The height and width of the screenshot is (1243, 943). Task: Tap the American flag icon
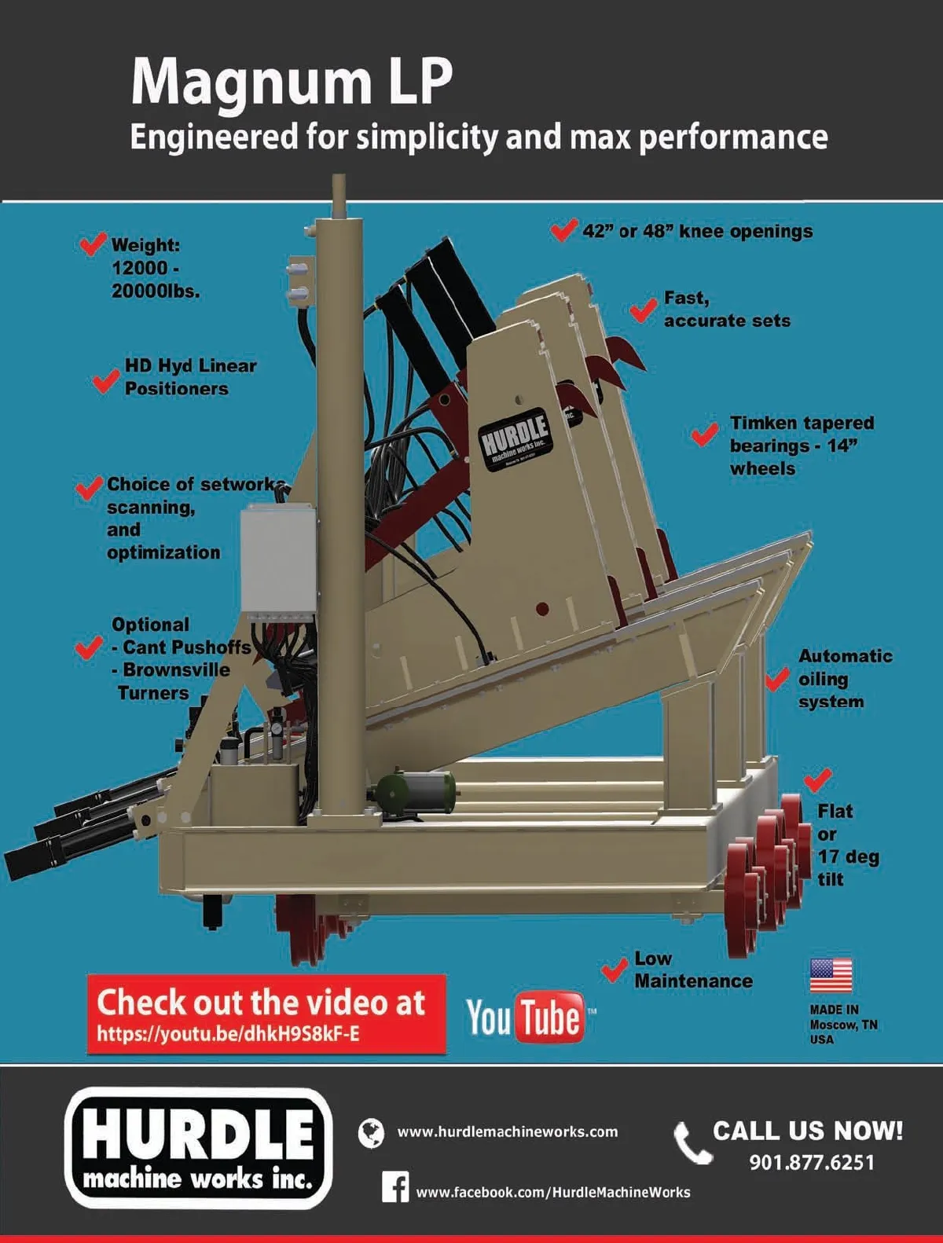pyautogui.click(x=831, y=976)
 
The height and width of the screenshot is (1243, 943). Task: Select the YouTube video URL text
pyautogui.click(x=228, y=1034)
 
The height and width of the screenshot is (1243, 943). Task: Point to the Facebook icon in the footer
pyautogui.click(x=394, y=1187)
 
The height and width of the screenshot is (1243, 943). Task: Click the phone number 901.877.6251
pyautogui.click(x=812, y=1162)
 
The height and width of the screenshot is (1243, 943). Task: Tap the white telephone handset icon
pyautogui.click(x=692, y=1142)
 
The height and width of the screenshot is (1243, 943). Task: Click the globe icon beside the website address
pyautogui.click(x=371, y=1133)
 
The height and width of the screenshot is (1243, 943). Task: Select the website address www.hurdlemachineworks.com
pyautogui.click(x=508, y=1132)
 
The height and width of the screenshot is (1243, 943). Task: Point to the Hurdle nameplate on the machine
pyautogui.click(x=514, y=439)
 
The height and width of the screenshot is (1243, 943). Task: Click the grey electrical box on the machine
pyautogui.click(x=278, y=559)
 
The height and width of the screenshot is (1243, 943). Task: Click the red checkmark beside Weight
pyautogui.click(x=93, y=244)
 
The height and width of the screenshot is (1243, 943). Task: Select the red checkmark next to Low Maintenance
pyautogui.click(x=614, y=970)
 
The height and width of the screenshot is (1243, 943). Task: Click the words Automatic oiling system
pyautogui.click(x=845, y=679)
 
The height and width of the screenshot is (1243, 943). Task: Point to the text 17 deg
pyautogui.click(x=849, y=856)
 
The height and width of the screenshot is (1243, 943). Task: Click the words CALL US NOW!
pyautogui.click(x=808, y=1131)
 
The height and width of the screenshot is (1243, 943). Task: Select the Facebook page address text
pyautogui.click(x=553, y=1192)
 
